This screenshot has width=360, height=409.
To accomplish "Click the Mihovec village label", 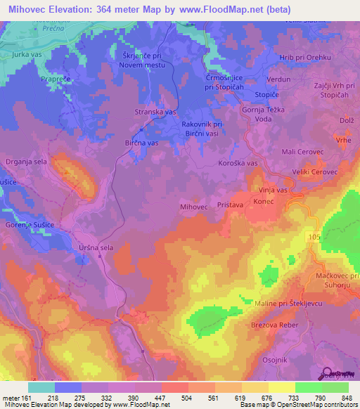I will (x=193, y=207).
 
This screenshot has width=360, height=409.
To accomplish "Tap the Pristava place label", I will (x=230, y=201).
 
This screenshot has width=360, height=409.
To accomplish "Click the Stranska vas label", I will (x=155, y=112).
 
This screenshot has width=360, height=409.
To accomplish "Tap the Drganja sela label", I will (x=25, y=162).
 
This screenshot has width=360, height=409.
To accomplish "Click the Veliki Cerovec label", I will (x=315, y=172).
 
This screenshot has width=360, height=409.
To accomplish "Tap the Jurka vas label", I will (x=28, y=54).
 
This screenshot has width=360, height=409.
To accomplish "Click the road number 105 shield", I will (x=314, y=239).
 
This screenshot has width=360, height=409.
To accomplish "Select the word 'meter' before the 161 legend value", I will (x=12, y=397).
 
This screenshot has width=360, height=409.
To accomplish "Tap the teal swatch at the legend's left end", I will (x=41, y=387).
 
